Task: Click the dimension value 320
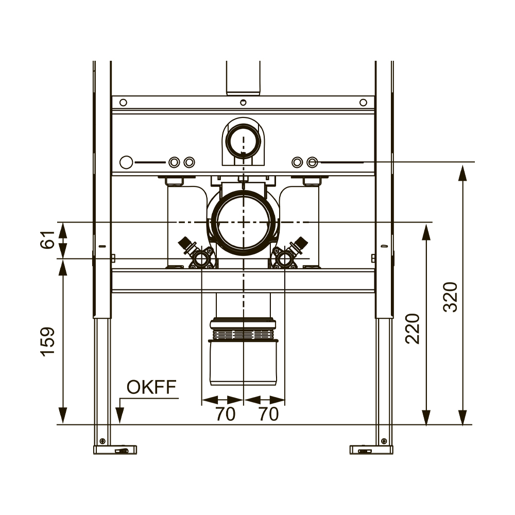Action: (x=450, y=297)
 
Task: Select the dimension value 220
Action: (x=413, y=329)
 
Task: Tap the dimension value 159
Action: (x=48, y=341)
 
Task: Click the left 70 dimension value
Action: (x=226, y=414)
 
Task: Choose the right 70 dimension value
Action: (x=268, y=414)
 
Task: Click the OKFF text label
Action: (x=151, y=387)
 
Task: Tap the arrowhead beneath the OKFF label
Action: (x=120, y=416)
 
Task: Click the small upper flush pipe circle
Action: (x=243, y=141)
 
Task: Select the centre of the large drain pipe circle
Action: (x=243, y=222)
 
